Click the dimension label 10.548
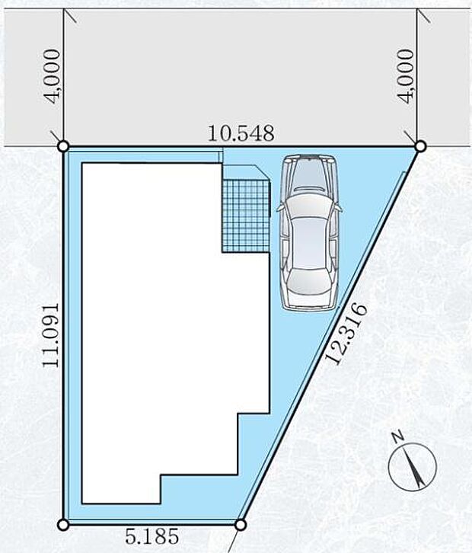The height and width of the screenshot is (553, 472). tap(241, 133)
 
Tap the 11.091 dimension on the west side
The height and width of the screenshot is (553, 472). tap(50, 335)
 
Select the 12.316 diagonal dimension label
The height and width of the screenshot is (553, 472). tap(346, 334)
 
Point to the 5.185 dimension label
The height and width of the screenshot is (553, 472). tap(152, 536)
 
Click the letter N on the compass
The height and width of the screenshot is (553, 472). tap(399, 436)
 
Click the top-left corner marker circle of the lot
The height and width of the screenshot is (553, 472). tap(62, 146)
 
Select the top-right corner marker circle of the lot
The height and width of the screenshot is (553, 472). tap(420, 146)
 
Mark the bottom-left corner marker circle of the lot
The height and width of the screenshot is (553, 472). tap(63, 525)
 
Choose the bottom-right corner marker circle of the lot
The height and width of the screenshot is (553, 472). tap(240, 525)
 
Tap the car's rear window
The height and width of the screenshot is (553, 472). tap(309, 280)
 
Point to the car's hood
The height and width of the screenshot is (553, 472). tap(310, 175)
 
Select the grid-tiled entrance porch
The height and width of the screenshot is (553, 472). tap(246, 216)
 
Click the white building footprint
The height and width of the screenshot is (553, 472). tap(169, 331)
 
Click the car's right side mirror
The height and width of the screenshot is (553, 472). tap(339, 208)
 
